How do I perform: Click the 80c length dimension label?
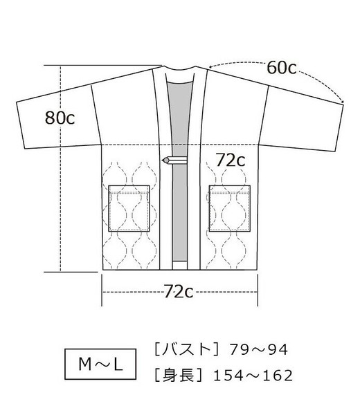[60, 118]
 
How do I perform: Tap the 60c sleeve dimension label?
[281, 68]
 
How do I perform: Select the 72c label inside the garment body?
[231, 160]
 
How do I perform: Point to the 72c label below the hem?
[179, 291]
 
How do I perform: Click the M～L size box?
[100, 365]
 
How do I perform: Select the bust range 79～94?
[258, 349]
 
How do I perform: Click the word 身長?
[179, 375]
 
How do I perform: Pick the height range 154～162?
[253, 376]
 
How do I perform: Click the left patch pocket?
[129, 209]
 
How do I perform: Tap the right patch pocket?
[230, 209]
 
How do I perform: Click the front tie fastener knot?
[166, 160]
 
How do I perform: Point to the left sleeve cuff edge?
[20, 125]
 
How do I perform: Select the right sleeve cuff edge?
[339, 127]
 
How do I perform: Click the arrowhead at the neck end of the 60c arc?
[210, 66]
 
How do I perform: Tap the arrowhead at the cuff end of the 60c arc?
[342, 101]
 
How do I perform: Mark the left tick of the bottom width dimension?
[102, 290]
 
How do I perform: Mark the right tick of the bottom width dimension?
[258, 290]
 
